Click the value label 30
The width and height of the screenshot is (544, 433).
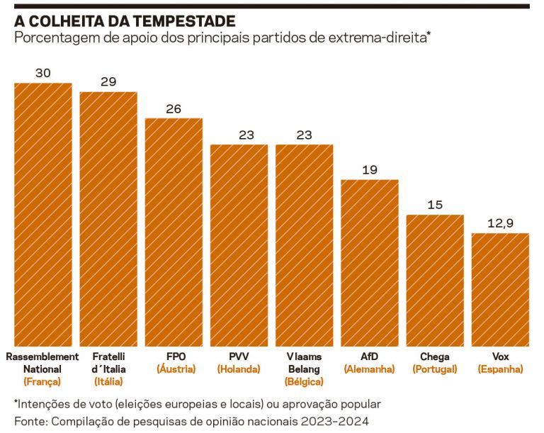click(43, 73)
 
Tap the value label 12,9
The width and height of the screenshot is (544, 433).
click(500, 223)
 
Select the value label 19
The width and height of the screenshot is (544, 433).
click(369, 170)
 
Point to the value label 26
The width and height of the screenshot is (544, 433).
click(174, 108)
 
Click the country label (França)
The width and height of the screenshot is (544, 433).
click(42, 382)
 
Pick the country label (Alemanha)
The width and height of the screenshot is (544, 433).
click(369, 369)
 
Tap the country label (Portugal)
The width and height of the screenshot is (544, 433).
click(434, 369)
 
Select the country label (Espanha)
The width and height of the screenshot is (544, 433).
click(500, 369)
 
